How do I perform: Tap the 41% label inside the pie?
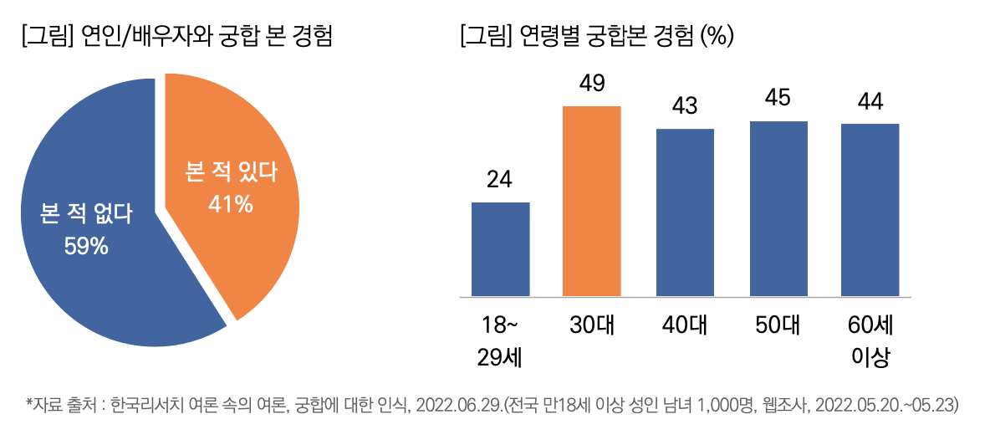(x=231, y=203)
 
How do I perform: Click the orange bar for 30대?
(x=592, y=201)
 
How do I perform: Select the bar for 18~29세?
(x=500, y=249)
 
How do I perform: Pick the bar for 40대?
(x=685, y=212)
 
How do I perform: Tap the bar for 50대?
(x=778, y=208)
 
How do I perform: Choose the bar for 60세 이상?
(x=870, y=210)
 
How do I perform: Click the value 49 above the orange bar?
(x=592, y=84)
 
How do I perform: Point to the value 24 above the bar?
(x=500, y=180)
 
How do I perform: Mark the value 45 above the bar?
(x=778, y=99)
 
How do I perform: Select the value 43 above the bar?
(x=685, y=106)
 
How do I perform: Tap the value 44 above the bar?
(x=870, y=101)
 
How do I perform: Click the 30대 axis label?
(x=592, y=325)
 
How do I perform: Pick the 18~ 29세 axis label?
(x=500, y=341)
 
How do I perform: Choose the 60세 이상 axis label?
(x=870, y=341)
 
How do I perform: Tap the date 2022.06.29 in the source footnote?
(x=450, y=406)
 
